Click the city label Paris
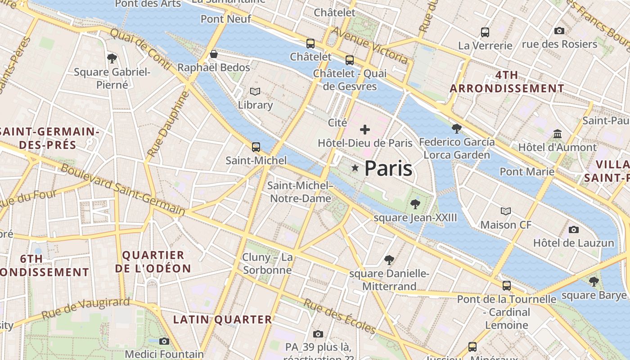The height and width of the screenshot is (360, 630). [388, 168]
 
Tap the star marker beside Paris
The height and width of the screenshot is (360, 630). [355, 168]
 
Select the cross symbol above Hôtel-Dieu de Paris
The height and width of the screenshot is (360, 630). [365, 130]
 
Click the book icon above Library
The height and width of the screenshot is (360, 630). [255, 92]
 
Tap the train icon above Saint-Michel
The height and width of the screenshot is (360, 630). [256, 147]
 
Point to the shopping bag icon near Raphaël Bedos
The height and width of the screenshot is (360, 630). [214, 54]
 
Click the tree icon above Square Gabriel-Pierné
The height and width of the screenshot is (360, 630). [112, 58]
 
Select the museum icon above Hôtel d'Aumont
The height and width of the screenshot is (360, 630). [558, 134]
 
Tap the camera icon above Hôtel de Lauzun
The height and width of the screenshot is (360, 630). [573, 229]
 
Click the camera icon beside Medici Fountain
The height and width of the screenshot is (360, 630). [164, 341]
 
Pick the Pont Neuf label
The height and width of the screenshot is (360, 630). [226, 19]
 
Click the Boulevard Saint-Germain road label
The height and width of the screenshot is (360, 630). [122, 189]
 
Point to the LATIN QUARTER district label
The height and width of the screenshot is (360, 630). [223, 319]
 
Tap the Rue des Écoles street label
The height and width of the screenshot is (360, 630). [339, 316]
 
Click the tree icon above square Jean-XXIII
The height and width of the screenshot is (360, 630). [415, 204]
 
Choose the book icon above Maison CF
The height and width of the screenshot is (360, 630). [506, 211]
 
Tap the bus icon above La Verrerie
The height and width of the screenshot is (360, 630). [485, 32]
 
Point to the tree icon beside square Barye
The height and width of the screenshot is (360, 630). [594, 282]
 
